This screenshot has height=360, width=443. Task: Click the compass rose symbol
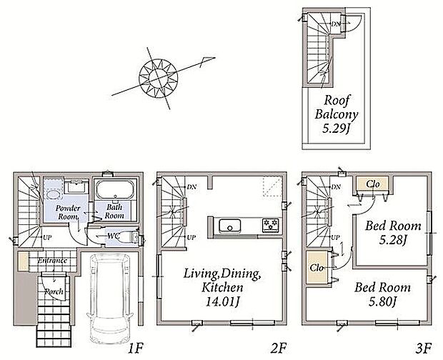[159, 78]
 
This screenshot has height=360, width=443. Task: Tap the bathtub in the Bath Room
[114, 190]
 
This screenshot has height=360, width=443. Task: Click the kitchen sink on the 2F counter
[230, 226]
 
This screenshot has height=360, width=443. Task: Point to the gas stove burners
[271, 225]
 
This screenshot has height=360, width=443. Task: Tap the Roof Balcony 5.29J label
[336, 114]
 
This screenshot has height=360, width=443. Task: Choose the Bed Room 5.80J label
[382, 295]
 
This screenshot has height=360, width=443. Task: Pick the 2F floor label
[279, 348]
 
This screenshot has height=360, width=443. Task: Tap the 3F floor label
[424, 348]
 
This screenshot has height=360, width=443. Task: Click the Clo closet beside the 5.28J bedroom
[373, 184]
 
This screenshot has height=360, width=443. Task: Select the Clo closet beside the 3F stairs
[317, 267]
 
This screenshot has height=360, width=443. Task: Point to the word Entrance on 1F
[53, 261]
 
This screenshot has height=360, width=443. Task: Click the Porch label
[54, 291]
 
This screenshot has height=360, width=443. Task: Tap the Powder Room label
[68, 212]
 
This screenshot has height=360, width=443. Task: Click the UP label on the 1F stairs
[47, 238]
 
